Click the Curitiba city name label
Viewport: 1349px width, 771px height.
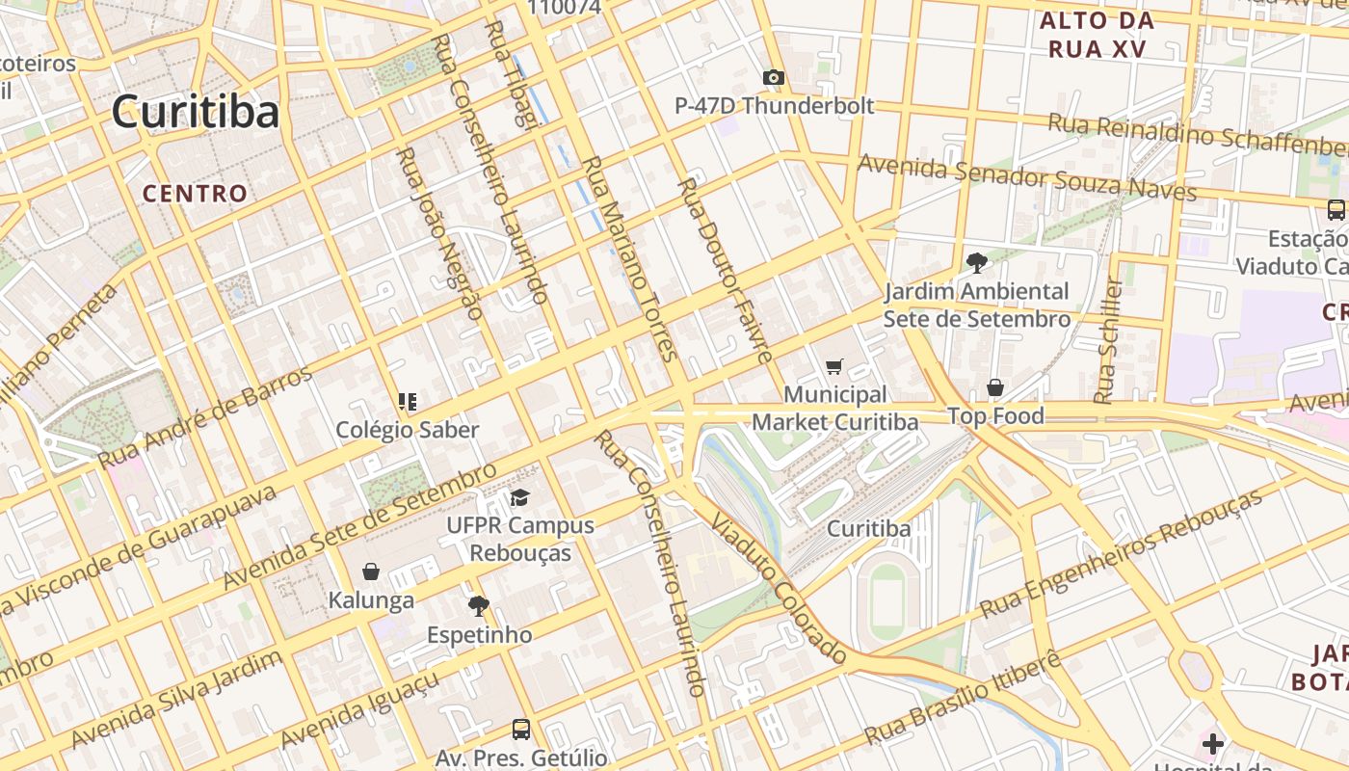pos(196,112)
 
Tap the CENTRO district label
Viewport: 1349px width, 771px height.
pos(196,194)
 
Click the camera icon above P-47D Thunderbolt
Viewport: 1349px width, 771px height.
pos(773,78)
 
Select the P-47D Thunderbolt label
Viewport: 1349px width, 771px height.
pos(774,106)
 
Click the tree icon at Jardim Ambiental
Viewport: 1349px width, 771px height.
pos(976,262)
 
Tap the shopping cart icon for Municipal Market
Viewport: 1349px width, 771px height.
pos(834,366)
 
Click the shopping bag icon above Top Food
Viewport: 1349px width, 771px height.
pos(995,387)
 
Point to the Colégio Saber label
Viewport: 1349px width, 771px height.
pos(407,430)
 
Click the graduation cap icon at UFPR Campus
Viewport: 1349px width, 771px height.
pos(520,498)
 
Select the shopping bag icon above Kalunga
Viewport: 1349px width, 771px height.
pos(371,572)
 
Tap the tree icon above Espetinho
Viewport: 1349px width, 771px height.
pos(478,606)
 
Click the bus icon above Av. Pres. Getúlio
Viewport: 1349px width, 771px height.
pos(521,730)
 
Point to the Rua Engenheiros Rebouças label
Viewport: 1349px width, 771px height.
pos(1121,553)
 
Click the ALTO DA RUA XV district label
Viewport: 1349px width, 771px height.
pos(1097,35)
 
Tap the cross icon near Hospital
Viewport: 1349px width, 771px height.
pos(1213,743)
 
